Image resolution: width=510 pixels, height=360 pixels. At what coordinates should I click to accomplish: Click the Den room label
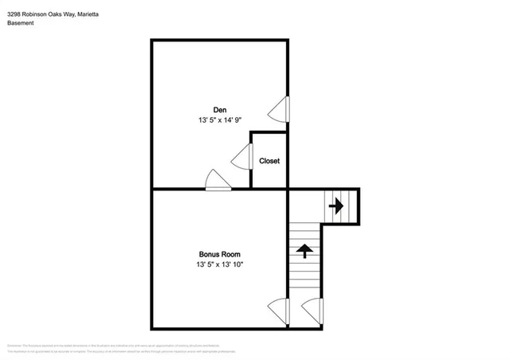(x=219, y=109)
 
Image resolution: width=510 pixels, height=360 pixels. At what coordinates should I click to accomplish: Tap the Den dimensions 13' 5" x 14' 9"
(x=219, y=119)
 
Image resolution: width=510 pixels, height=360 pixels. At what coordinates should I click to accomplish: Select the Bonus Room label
(x=219, y=254)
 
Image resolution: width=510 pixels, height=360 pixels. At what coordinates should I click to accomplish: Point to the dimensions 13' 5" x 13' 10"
(x=219, y=264)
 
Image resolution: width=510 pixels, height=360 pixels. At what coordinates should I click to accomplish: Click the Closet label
(x=269, y=161)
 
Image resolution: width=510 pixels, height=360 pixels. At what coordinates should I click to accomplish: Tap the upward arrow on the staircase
(x=304, y=251)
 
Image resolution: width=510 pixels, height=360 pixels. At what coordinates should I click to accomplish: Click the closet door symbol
(x=242, y=158)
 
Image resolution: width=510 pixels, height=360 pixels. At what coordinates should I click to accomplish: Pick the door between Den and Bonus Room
(x=218, y=181)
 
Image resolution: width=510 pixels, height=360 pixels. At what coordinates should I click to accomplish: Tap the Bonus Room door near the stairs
(x=279, y=309)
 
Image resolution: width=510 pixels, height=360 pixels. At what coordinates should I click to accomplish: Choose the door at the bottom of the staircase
(x=312, y=309)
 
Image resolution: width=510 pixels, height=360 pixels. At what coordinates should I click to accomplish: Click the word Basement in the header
(x=22, y=23)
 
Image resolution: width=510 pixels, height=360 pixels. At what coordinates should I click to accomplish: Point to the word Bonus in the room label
(x=209, y=254)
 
